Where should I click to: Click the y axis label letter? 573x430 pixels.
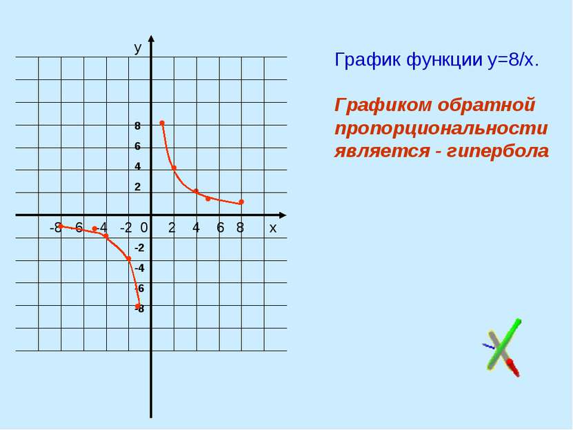(x=137, y=48)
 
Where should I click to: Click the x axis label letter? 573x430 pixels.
(x=272, y=228)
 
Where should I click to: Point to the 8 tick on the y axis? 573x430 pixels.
(x=137, y=126)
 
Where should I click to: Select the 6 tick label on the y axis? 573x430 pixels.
(x=137, y=146)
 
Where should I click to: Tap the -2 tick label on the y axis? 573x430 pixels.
(x=139, y=248)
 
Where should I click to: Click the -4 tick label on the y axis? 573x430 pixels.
(x=139, y=268)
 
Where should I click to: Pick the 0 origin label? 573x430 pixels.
(x=144, y=228)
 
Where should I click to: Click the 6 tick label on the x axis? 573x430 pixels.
(x=220, y=228)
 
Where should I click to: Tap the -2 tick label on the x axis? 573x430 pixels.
(x=125, y=228)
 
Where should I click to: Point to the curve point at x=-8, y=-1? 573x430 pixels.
(x=61, y=226)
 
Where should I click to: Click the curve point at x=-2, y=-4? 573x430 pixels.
(x=129, y=259)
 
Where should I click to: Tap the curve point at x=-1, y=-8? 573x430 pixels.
(x=138, y=306)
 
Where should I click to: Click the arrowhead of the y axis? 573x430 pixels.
(x=151, y=39)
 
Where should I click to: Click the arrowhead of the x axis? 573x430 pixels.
(x=282, y=215)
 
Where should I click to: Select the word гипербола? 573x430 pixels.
(x=498, y=151)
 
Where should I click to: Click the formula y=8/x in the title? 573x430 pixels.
(x=513, y=59)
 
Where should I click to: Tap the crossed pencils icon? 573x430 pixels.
(x=502, y=347)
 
